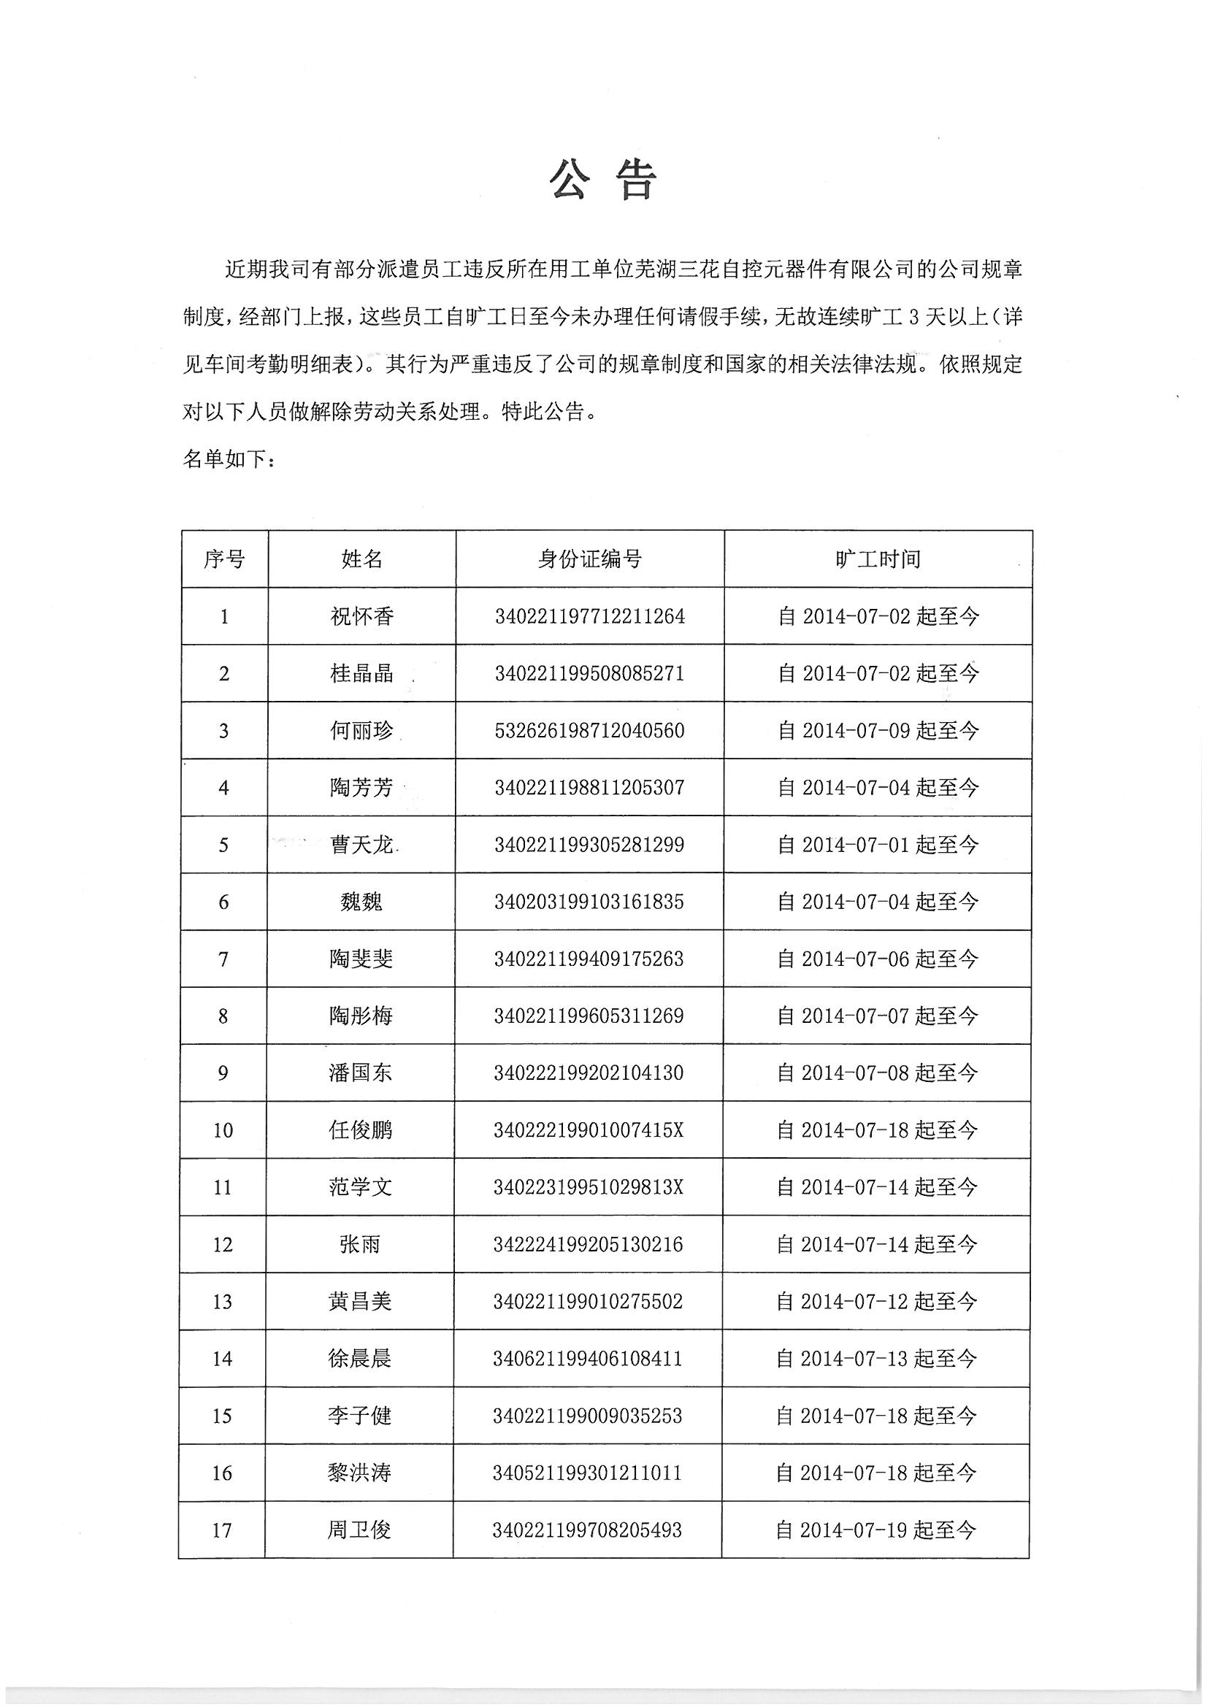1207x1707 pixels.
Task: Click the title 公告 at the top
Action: pyautogui.click(x=603, y=180)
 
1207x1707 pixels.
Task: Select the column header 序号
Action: pyautogui.click(x=224, y=559)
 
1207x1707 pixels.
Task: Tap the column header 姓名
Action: pyautogui.click(x=361, y=559)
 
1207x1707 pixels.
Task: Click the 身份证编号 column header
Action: pyautogui.click(x=589, y=559)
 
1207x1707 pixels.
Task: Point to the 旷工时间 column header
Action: pyautogui.click(x=878, y=559)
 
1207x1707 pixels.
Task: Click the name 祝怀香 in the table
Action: pyautogui.click(x=361, y=616)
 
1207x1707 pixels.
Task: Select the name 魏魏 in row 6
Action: pyautogui.click(x=361, y=902)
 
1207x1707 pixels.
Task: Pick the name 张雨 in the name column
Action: pyautogui.click(x=360, y=1245)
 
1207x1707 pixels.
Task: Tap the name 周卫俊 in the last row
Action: pyautogui.click(x=359, y=1530)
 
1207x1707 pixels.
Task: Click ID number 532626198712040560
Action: pyautogui.click(x=589, y=731)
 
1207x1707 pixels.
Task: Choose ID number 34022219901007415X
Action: pyautogui.click(x=589, y=1130)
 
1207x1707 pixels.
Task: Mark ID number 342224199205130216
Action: pyautogui.click(x=588, y=1245)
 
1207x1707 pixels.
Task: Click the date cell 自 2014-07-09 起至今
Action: pyautogui.click(x=878, y=731)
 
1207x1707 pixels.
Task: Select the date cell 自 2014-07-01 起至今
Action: pyautogui.click(x=878, y=845)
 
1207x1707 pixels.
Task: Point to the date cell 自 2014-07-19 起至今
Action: pyautogui.click(x=875, y=1530)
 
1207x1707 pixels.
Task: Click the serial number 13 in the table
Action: pyautogui.click(x=223, y=1302)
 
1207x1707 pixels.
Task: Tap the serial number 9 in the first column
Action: pyautogui.click(x=223, y=1073)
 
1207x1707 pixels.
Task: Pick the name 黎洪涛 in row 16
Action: pyautogui.click(x=359, y=1473)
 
